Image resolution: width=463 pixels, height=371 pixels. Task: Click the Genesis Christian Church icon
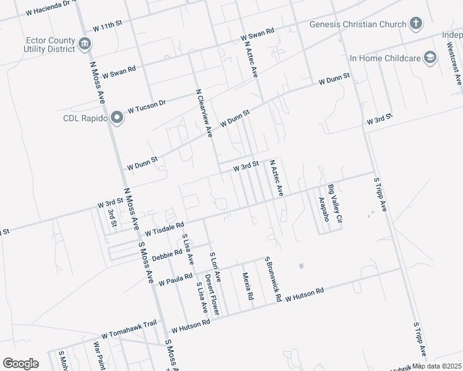point(416,25)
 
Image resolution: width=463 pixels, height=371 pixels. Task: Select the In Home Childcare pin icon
point(429,58)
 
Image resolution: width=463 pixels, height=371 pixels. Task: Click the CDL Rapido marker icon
point(116,119)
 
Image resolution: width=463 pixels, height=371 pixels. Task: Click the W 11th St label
point(108,28)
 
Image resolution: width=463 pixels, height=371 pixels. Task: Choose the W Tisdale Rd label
point(164,229)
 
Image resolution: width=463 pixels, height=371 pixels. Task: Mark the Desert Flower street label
point(213,295)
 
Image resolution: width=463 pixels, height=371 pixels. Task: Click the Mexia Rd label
point(248,286)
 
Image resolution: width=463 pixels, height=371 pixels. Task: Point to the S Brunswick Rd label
point(273,279)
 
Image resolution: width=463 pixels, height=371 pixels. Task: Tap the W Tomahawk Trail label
point(129,331)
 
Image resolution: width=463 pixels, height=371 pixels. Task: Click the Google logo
point(20,364)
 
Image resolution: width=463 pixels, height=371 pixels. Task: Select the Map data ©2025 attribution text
point(437,365)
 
